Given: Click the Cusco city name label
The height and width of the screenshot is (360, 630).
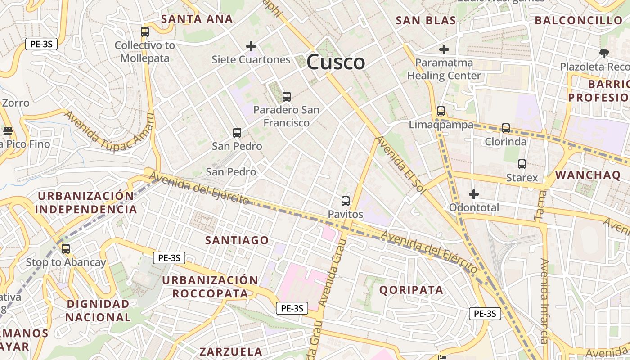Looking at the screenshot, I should point(336,62).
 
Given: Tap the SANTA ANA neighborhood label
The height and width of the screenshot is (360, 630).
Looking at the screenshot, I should point(197,19).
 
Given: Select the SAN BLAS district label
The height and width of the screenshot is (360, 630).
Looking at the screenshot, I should point(426,20).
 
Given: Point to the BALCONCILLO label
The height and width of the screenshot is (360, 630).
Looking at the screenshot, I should point(578,20).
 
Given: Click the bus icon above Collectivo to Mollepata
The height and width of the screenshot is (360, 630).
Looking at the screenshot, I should point(144,32).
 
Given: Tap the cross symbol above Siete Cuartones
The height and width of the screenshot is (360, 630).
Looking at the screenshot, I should point(251,46).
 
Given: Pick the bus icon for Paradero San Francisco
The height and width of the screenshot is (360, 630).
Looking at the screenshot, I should point(286,97).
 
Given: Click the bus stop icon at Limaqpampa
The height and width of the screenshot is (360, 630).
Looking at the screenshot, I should point(441,111).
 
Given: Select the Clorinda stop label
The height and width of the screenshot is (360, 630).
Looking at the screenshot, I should point(505,142).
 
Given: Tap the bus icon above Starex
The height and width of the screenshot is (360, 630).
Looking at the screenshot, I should point(522,164).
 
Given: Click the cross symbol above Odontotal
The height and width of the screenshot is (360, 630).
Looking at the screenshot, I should point(473,194).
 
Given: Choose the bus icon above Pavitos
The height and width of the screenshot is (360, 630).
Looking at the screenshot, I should point(346,201).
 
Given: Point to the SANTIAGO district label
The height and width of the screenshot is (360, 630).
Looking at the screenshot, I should point(237,240).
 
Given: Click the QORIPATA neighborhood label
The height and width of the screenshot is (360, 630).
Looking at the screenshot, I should point(411,290).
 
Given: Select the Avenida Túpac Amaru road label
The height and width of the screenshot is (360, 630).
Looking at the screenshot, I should point(109,131).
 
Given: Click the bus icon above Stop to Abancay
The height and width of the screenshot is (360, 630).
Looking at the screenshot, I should point(66,248).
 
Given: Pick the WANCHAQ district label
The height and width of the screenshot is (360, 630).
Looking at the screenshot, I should point(588,175).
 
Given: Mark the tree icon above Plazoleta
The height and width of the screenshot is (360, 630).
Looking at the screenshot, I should point(604,54).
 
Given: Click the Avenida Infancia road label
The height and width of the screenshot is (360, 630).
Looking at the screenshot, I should point(544,301).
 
